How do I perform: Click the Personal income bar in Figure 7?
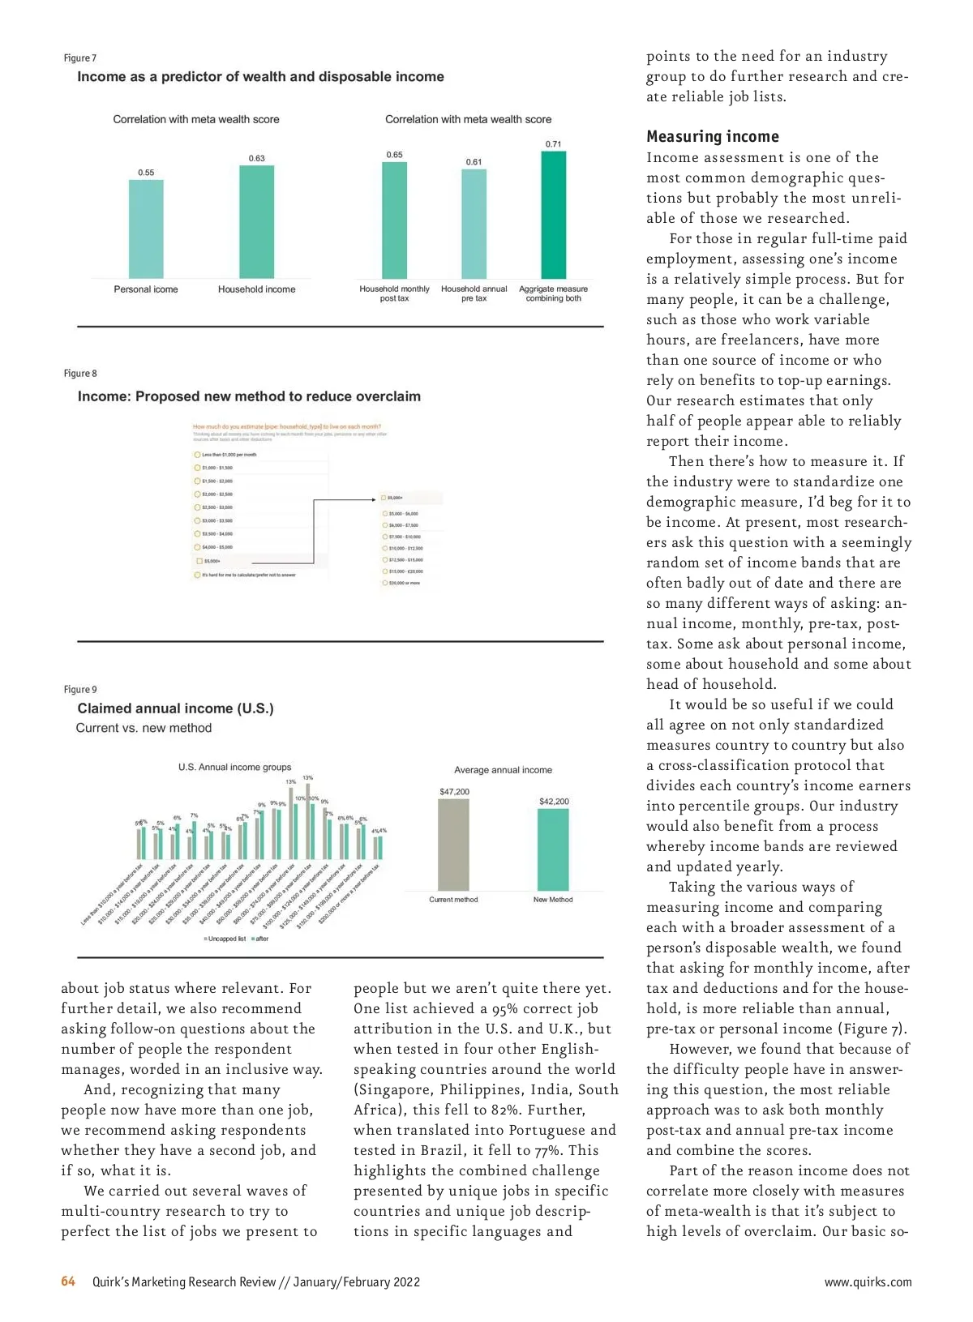point(146,229)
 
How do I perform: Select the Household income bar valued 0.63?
point(256,221)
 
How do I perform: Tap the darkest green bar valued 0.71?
point(553,215)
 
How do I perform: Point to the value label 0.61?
point(474,162)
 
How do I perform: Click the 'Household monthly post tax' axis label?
point(394,293)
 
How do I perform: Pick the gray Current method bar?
point(453,845)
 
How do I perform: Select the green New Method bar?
point(553,849)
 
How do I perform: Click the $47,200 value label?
point(454,792)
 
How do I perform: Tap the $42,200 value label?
point(554,802)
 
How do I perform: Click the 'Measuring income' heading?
point(712,136)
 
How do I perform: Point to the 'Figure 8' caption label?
point(80,374)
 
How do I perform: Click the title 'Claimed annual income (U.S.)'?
point(175,708)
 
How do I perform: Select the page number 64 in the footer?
point(68,1281)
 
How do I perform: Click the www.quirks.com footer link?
point(868,1282)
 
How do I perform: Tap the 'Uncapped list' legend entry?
point(225,939)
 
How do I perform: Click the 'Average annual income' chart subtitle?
point(503,770)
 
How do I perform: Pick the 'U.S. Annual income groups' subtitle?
point(234,767)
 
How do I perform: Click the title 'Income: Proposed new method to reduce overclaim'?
point(249,396)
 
